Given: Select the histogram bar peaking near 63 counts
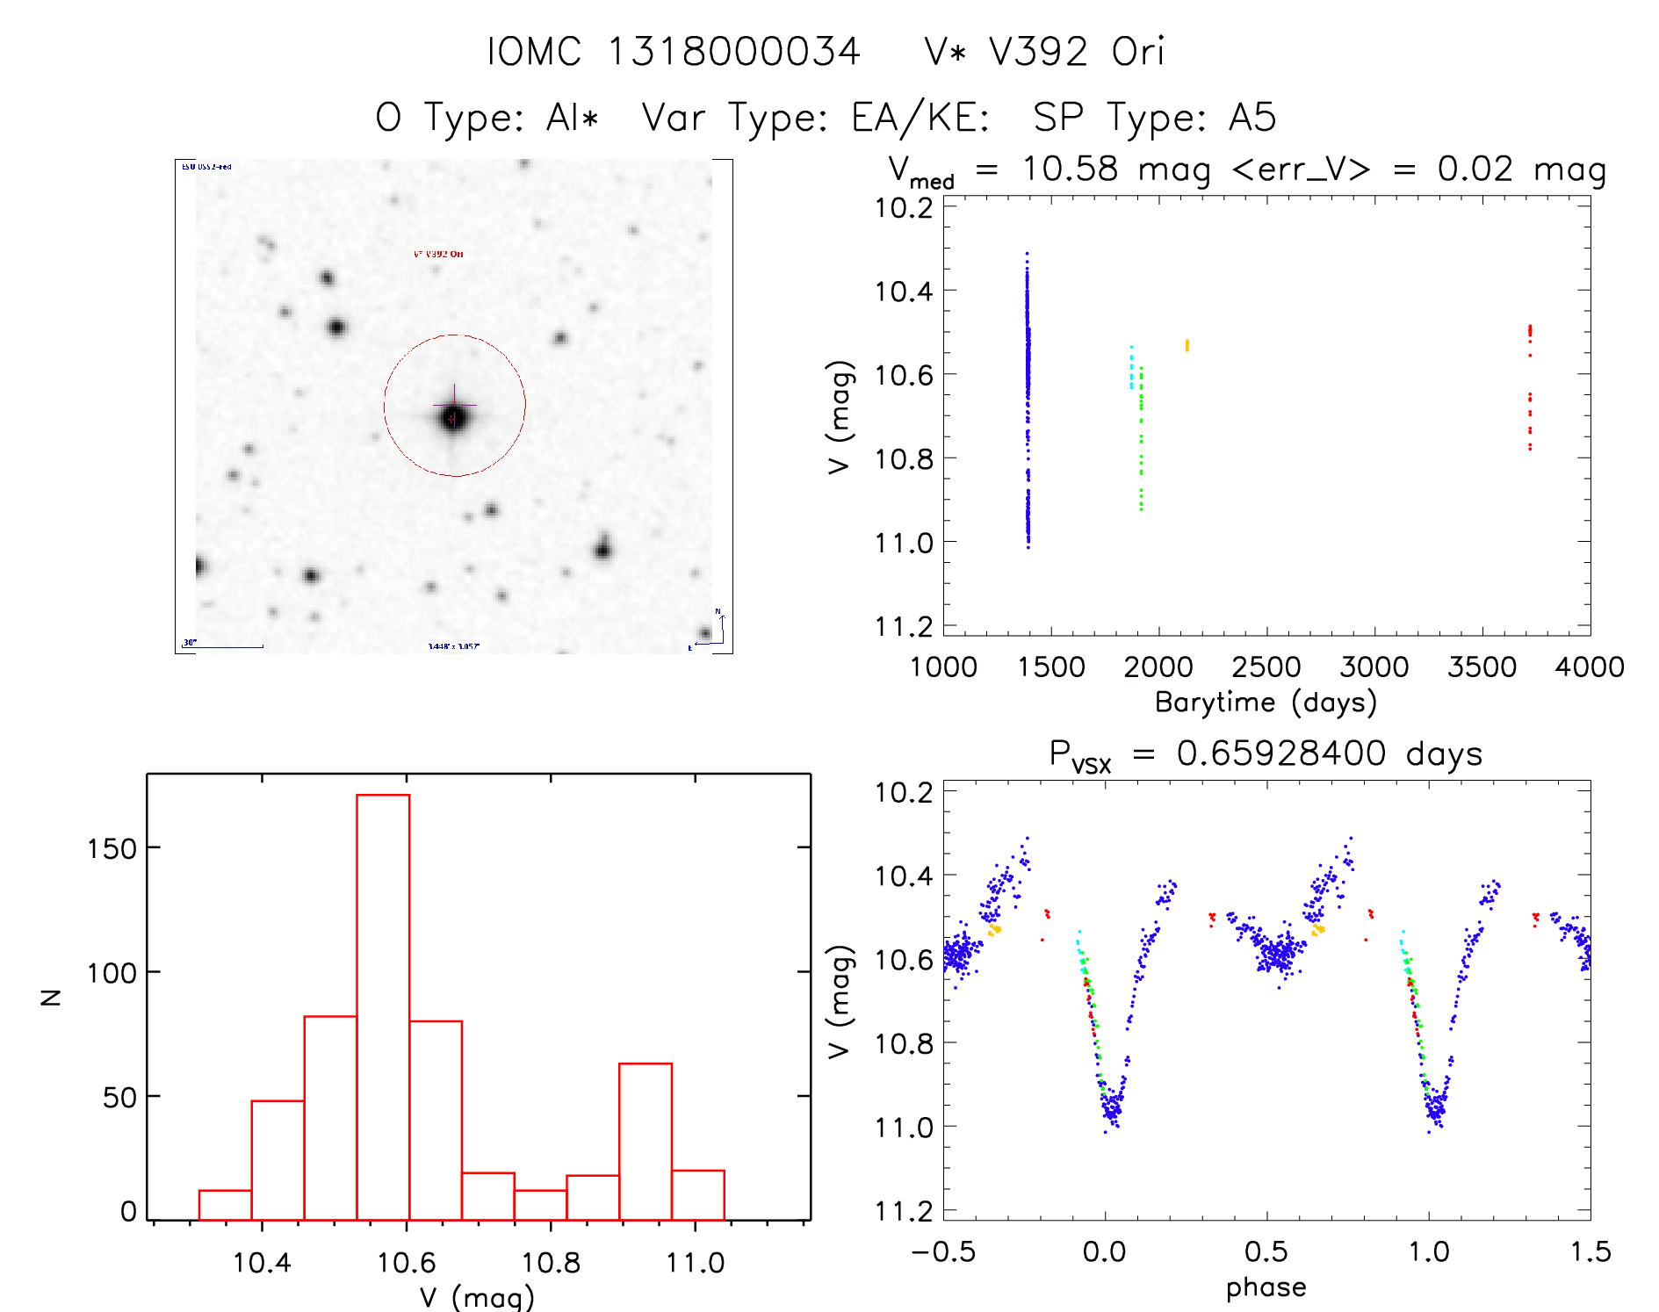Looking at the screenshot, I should [646, 1141].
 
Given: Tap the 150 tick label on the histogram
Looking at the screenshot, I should [112, 848].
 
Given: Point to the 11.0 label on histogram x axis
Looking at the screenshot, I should [695, 1263].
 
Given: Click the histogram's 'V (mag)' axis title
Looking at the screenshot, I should [477, 1297].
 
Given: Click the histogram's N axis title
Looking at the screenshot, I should [52, 996].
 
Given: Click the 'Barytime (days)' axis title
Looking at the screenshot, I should [1266, 702].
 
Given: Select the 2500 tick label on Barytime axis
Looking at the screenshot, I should [1266, 667].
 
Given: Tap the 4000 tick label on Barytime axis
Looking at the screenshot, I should [1589, 667].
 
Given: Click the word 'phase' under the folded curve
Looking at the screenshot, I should [1266, 1287].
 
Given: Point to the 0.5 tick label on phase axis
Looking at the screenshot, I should [1266, 1251].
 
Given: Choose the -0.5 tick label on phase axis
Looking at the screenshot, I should [943, 1251].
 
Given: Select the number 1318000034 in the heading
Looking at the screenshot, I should [734, 52].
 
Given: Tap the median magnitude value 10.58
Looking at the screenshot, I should [1070, 169].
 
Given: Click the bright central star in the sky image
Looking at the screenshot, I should [453, 417].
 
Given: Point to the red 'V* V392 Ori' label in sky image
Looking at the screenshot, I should [438, 254].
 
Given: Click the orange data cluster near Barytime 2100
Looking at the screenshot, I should [1187, 345].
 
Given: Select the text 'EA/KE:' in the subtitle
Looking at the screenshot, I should [920, 118].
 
